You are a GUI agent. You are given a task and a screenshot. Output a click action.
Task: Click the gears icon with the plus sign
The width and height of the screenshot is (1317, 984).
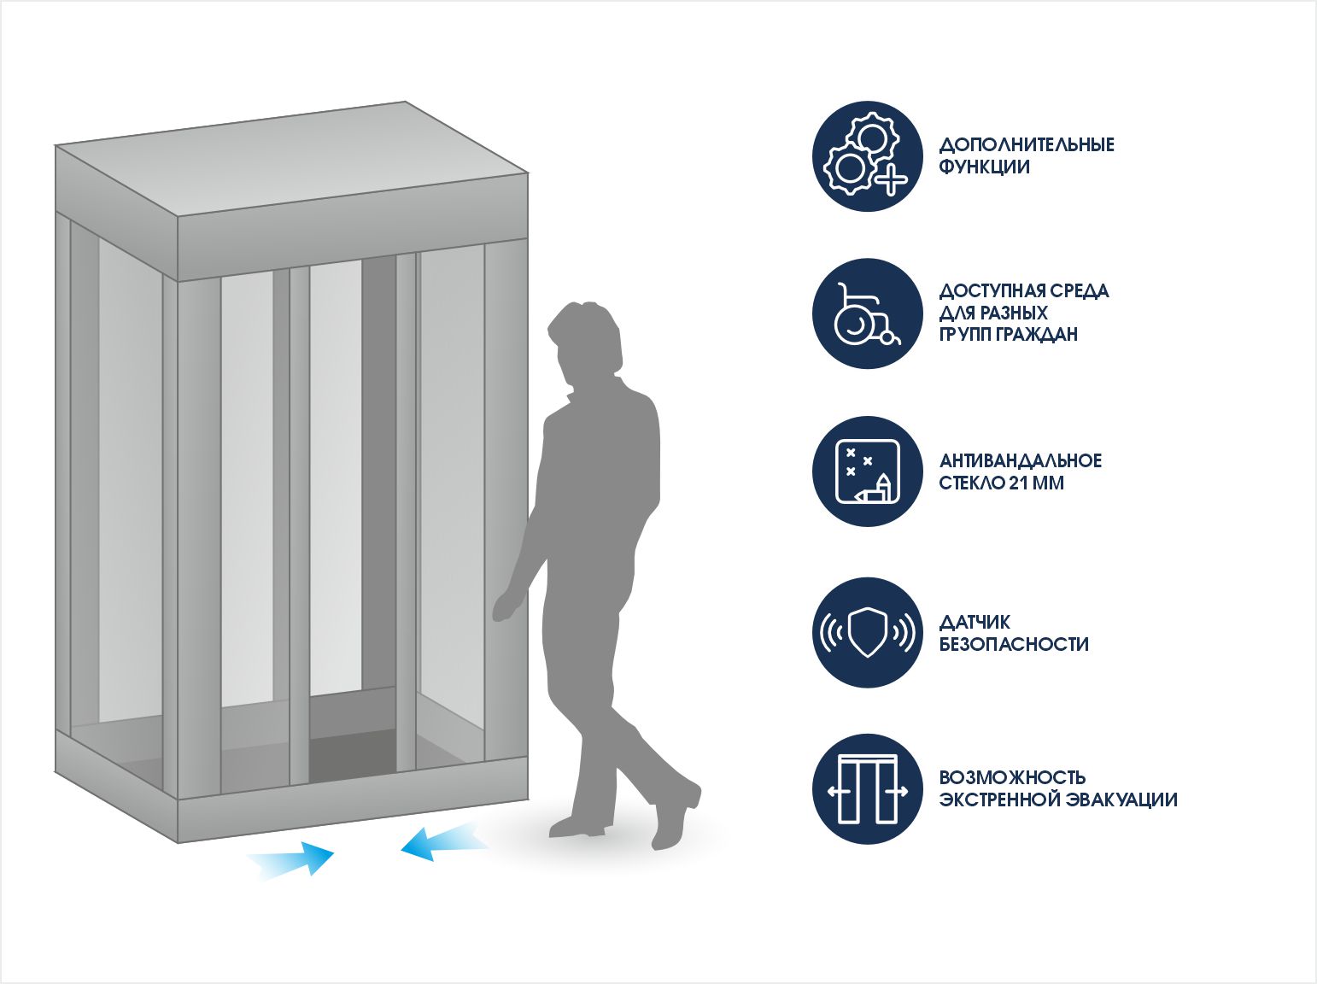[x=867, y=156]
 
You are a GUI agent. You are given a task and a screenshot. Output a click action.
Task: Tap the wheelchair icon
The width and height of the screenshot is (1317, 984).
[x=867, y=313]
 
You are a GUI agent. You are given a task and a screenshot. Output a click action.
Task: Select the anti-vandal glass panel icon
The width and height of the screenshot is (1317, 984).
[x=867, y=471]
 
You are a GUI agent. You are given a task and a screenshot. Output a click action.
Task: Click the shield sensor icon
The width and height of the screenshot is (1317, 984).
[x=867, y=632]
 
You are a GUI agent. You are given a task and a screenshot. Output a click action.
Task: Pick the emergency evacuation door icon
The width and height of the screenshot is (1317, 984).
[x=867, y=789]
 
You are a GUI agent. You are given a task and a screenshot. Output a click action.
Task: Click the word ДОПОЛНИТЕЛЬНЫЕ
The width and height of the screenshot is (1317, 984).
[x=1027, y=144]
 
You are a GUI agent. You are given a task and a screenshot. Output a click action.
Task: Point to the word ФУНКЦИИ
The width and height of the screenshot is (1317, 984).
[x=984, y=167]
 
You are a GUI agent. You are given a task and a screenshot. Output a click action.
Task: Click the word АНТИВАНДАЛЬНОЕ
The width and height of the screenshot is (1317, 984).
[x=1021, y=460]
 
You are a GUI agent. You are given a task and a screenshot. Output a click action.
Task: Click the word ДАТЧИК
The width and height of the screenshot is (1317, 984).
[x=975, y=622]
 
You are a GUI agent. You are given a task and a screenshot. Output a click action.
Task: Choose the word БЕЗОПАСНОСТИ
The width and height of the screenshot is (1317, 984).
[x=1014, y=644]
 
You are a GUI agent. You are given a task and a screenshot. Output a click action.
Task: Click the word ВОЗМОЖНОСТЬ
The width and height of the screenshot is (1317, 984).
[x=1012, y=777]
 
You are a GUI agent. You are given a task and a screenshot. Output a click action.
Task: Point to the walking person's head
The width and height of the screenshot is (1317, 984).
[x=584, y=337]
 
